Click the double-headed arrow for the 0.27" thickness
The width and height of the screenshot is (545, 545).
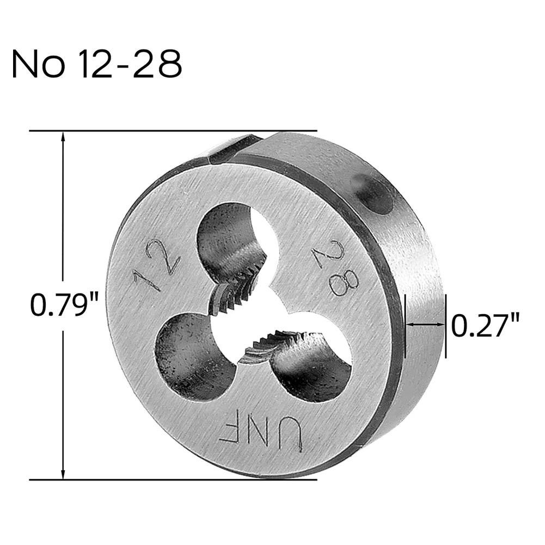tap(425, 324)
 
